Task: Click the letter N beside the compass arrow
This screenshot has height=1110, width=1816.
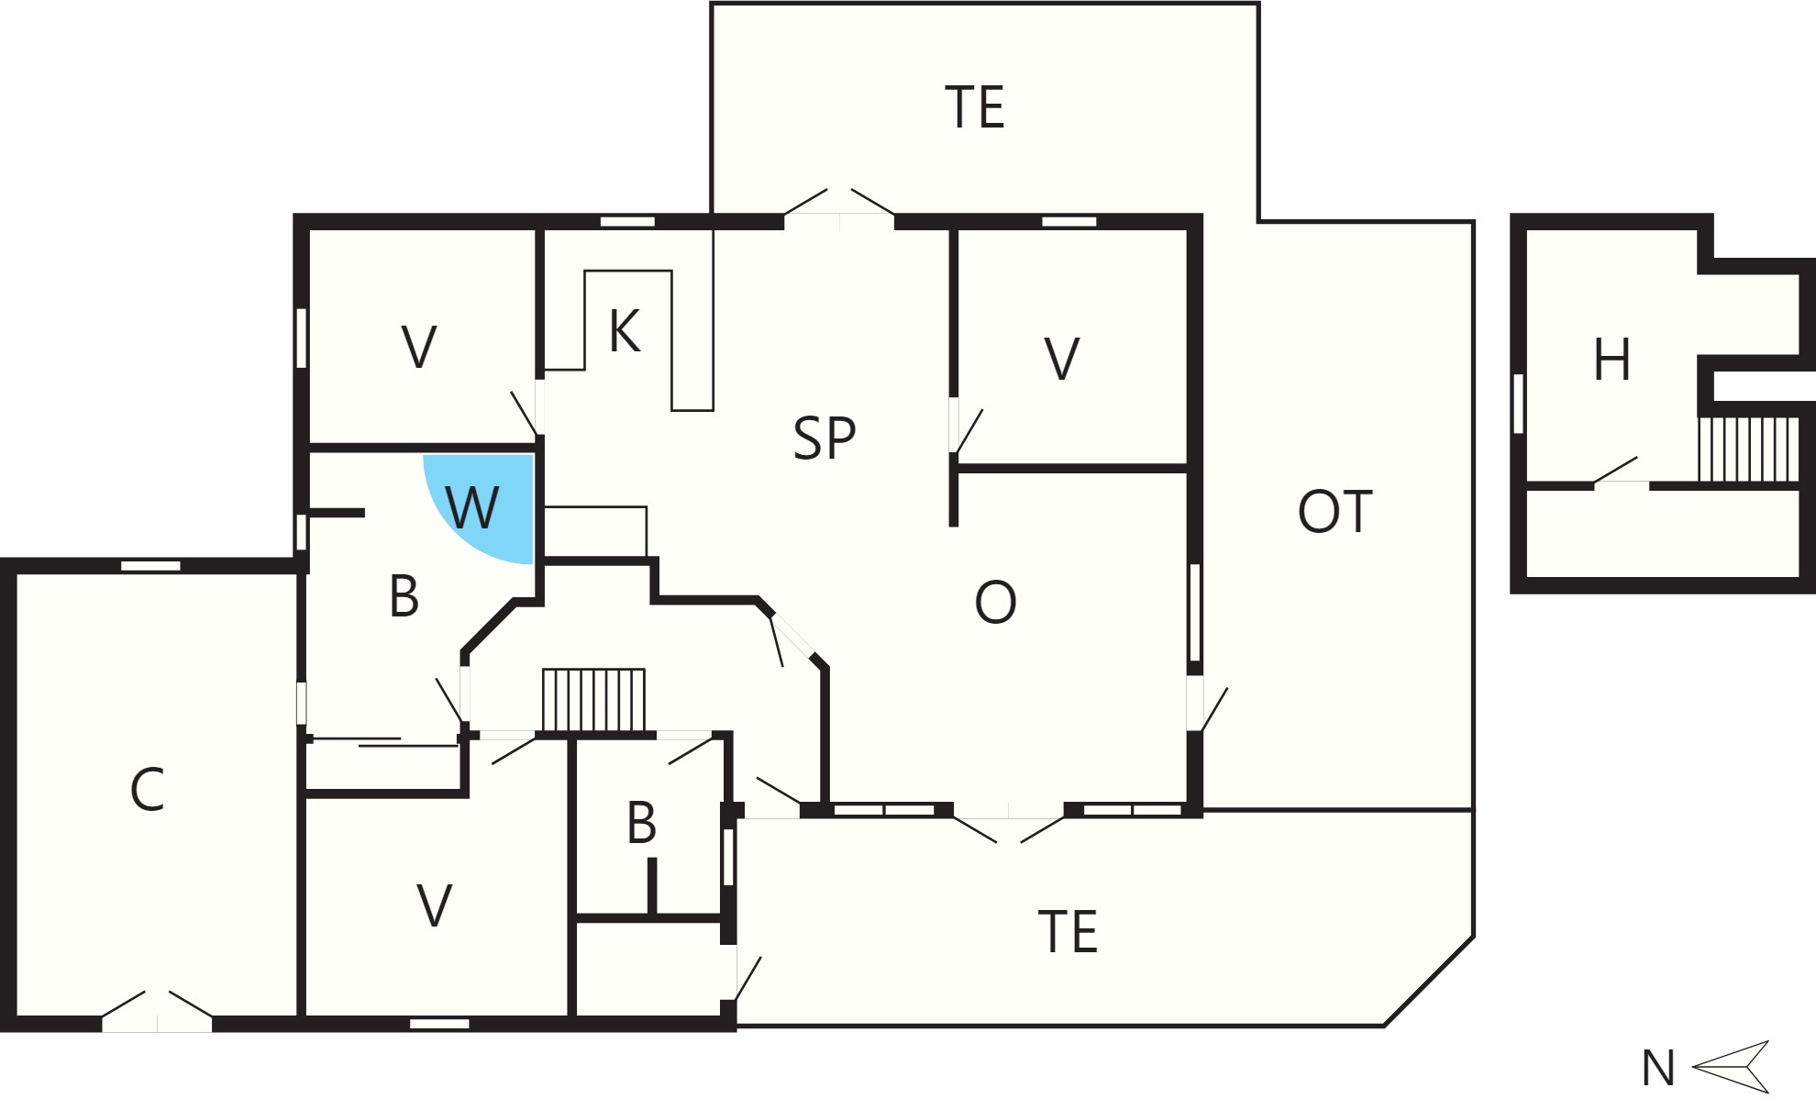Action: (x=1658, y=1069)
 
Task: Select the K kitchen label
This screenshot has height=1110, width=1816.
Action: (x=625, y=331)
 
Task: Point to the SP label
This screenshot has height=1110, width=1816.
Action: (x=825, y=438)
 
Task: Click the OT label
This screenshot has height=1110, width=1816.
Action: (x=1335, y=512)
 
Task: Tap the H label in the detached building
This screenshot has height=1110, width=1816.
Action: (x=1612, y=360)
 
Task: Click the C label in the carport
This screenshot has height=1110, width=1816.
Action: (x=147, y=790)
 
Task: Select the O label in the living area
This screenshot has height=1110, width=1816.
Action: (x=995, y=603)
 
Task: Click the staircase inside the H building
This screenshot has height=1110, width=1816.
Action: (x=1748, y=449)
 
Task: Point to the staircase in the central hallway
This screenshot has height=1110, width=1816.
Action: (x=593, y=700)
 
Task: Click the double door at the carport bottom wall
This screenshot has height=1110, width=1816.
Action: (x=157, y=1011)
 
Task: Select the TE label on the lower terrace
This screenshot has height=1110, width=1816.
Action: (x=1068, y=932)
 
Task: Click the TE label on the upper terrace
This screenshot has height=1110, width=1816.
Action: (x=975, y=107)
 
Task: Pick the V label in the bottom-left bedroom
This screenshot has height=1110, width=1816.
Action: (x=434, y=905)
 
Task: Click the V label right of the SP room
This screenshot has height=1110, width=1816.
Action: (x=1061, y=359)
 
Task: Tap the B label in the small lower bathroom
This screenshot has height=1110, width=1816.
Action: (x=641, y=823)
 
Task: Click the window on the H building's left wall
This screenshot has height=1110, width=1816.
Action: (x=1518, y=404)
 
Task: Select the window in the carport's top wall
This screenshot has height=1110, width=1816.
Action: (x=151, y=565)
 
